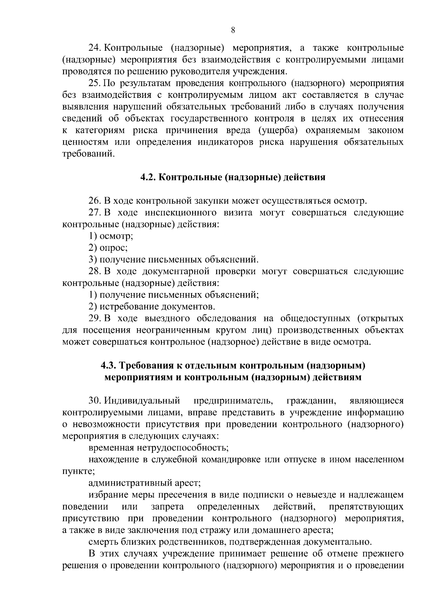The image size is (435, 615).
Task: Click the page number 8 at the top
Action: coord(233,30)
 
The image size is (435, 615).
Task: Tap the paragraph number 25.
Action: coord(95,84)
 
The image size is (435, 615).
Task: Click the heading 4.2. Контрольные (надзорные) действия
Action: coord(233,178)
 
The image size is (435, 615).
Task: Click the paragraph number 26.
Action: coord(95,201)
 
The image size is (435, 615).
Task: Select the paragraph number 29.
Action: coord(95,319)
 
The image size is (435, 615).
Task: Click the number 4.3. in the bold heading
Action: coord(108,366)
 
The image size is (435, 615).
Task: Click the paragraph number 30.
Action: coord(95,401)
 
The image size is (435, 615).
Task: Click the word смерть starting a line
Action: coord(103,542)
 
